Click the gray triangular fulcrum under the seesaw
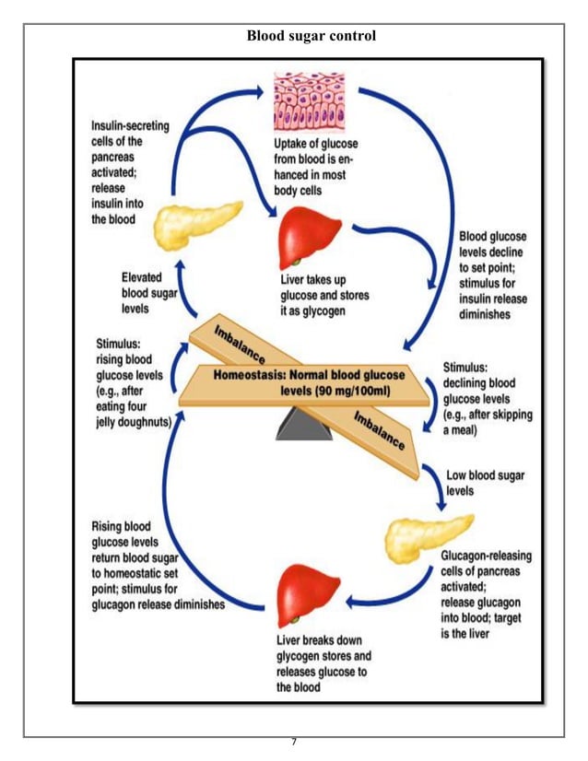coord(304,421)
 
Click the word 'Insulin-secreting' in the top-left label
coord(130,126)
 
